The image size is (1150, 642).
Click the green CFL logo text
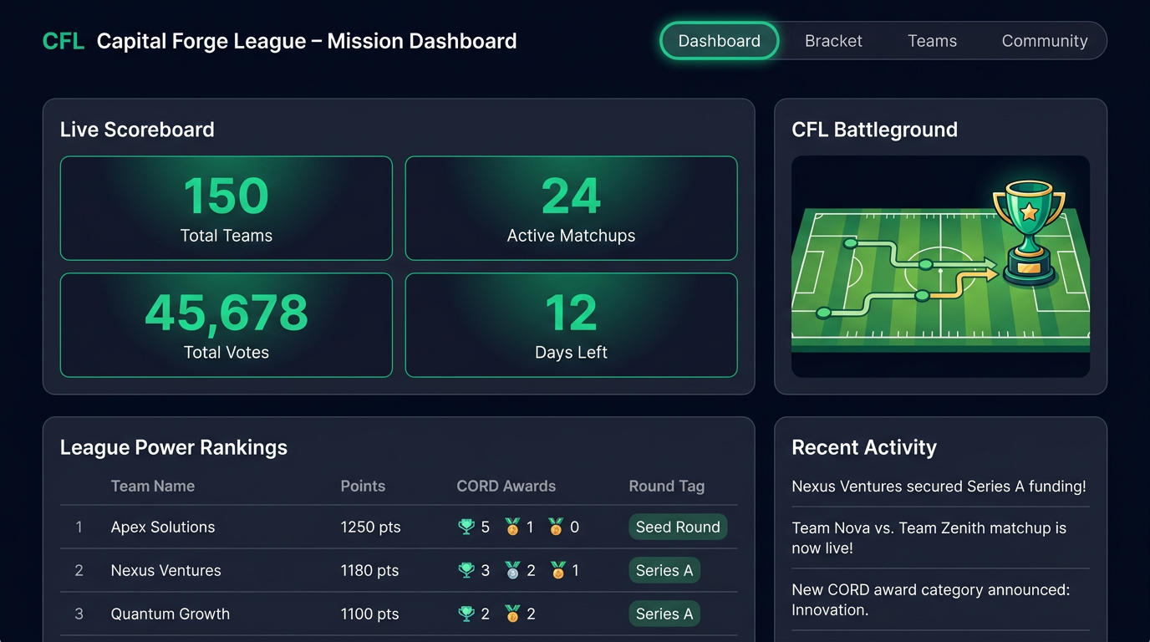(64, 41)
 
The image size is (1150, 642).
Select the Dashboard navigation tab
(720, 41)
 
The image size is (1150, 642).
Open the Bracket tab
(833, 41)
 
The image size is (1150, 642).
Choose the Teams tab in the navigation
(933, 41)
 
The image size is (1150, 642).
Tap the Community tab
(1045, 41)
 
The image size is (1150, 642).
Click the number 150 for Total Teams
(226, 196)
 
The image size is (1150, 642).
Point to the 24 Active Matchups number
(571, 196)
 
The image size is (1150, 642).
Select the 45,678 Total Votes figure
(226, 313)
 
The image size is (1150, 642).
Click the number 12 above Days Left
(571, 313)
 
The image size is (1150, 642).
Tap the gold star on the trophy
(1029, 211)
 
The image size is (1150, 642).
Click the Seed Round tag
(678, 527)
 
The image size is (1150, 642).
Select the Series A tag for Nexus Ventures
(664, 570)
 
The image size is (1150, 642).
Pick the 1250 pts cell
(370, 527)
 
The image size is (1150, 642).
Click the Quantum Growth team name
(170, 614)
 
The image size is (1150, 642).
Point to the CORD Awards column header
(506, 486)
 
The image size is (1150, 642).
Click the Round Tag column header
(666, 487)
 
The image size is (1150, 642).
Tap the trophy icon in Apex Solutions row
(466, 527)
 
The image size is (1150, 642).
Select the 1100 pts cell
(369, 614)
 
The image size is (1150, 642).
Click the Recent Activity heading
(864, 447)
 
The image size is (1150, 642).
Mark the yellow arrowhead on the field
(991, 275)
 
